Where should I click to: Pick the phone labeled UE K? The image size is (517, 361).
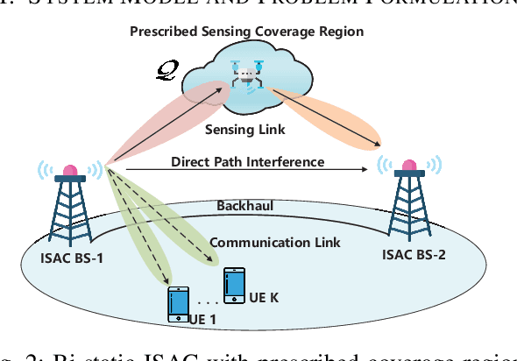[x=234, y=285]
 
